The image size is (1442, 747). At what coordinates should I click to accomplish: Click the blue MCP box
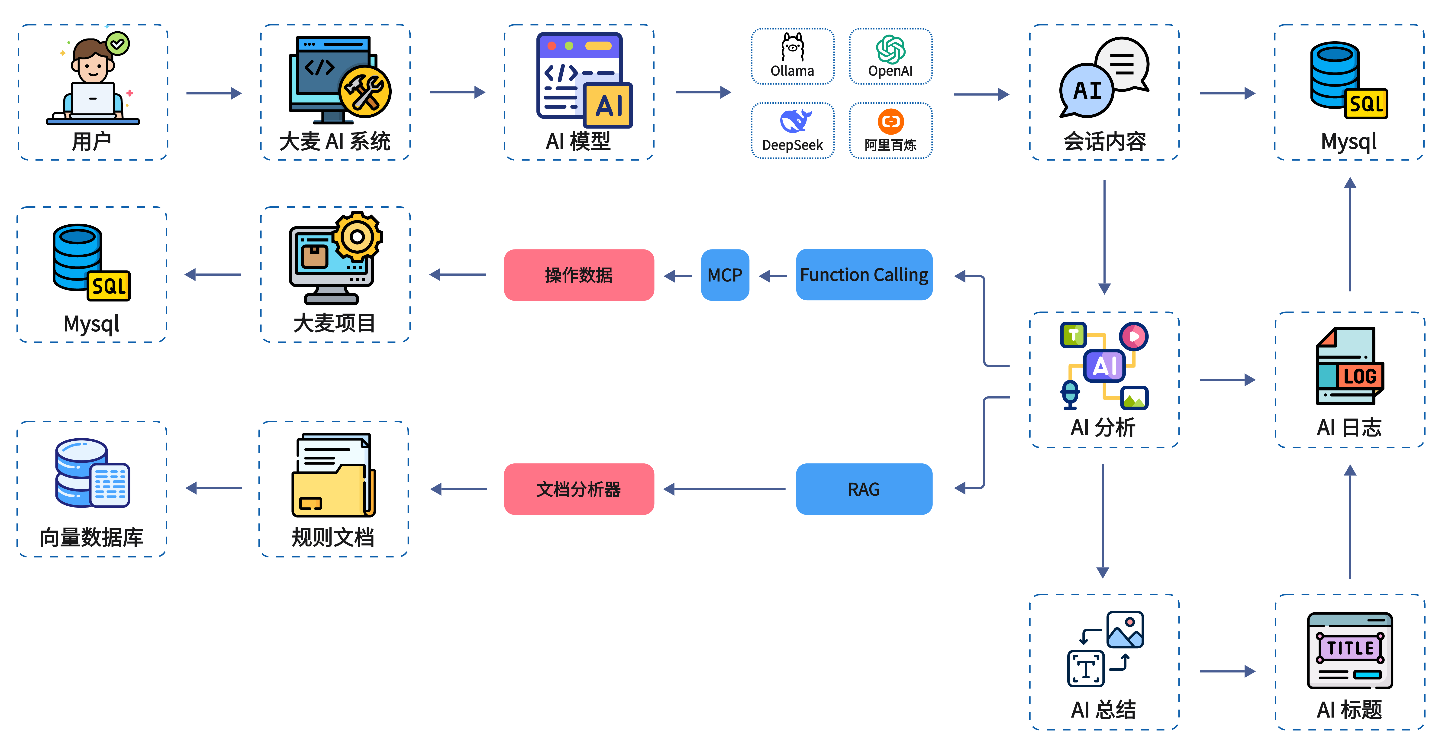click(x=725, y=275)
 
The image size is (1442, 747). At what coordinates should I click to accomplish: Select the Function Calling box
click(x=864, y=275)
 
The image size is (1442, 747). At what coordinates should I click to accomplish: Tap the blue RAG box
click(x=864, y=489)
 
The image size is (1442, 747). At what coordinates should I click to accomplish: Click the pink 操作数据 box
click(x=579, y=275)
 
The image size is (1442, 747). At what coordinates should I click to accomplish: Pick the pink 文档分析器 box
click(x=579, y=489)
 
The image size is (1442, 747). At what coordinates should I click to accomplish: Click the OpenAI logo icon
click(x=891, y=49)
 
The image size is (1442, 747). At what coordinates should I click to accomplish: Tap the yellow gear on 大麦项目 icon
click(x=357, y=237)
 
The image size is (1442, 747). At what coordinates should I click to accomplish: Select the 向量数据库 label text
click(x=91, y=537)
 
